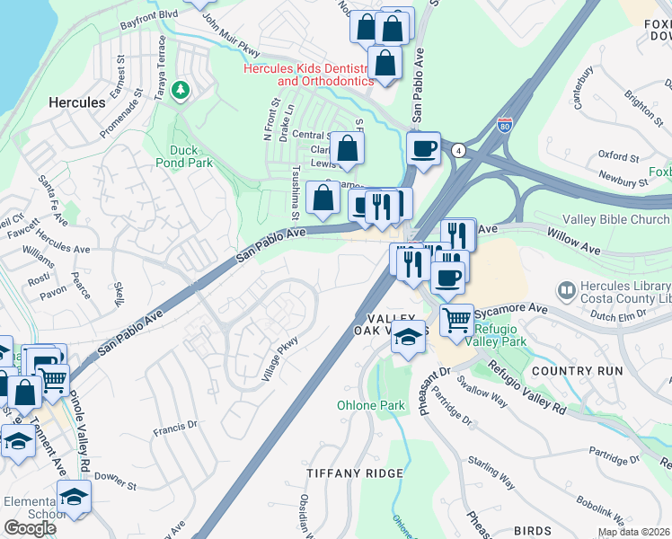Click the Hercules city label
coord(76,102)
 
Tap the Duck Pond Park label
coord(190,157)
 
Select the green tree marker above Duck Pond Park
coord(181,90)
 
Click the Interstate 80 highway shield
coord(506,126)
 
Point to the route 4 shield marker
coord(458,149)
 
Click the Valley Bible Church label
coord(615,220)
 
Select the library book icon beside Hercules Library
coord(566,290)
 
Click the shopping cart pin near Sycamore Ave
coord(457,318)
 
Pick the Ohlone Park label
coord(371,405)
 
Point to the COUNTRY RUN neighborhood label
coord(577,371)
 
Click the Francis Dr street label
coord(174,429)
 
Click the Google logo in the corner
coord(30,527)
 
